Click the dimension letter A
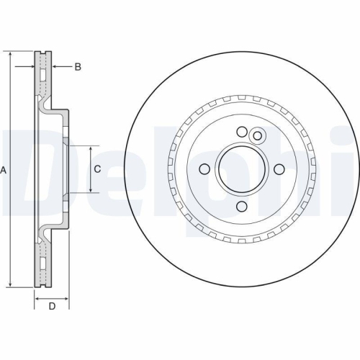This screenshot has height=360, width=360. (x=4, y=170)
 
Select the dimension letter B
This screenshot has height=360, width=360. (x=78, y=67)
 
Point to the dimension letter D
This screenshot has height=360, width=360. (x=52, y=308)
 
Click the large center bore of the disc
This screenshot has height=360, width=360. (x=241, y=168)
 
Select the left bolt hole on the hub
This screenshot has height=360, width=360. (x=204, y=169)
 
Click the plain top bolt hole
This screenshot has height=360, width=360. (x=243, y=132)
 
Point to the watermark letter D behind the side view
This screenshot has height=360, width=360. (x=29, y=169)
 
